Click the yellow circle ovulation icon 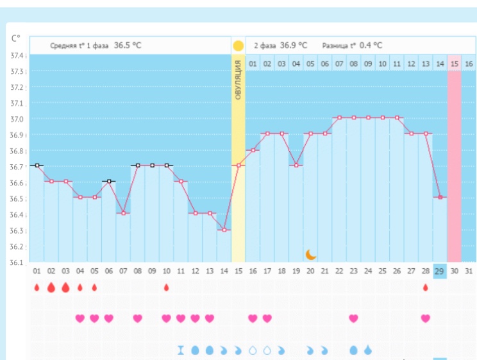[x=238, y=46]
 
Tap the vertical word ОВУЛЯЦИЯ [x=238, y=80]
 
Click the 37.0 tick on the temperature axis [x=17, y=119]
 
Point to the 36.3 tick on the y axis [x=17, y=231]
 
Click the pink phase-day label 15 [x=454, y=64]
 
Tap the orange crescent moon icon [x=311, y=254]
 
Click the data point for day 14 [x=224, y=230]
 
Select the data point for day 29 [x=439, y=198]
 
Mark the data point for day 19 [x=296, y=166]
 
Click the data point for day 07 [x=123, y=213]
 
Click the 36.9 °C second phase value [x=293, y=46]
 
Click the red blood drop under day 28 [x=425, y=287]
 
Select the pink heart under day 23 [x=353, y=318]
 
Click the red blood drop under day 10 [x=166, y=287]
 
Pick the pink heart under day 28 [x=425, y=318]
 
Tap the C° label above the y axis [x=16, y=38]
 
